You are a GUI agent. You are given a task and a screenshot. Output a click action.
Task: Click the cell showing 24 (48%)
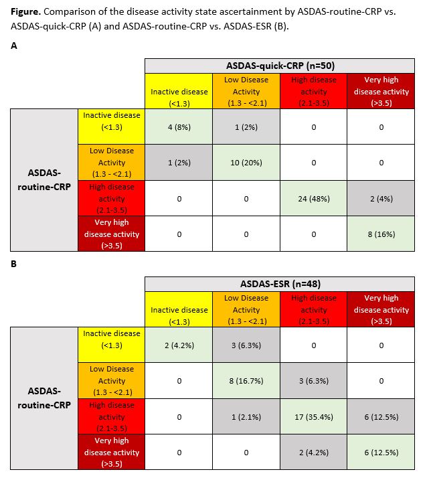(313, 199)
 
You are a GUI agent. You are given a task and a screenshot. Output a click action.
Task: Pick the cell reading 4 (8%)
(179, 127)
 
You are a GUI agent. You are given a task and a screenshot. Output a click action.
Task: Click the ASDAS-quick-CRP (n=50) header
(280, 65)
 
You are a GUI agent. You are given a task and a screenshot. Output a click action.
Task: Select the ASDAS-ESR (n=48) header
(280, 283)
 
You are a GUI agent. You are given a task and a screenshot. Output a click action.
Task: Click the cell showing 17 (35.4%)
(313, 417)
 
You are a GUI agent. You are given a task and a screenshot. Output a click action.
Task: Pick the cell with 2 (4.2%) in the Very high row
(313, 453)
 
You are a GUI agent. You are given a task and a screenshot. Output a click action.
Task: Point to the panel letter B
(14, 264)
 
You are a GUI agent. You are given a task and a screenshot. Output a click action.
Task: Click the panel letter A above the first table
(14, 46)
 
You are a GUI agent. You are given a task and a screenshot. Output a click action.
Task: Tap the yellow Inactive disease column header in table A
(179, 91)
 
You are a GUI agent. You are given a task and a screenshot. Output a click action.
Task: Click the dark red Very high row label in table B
(112, 453)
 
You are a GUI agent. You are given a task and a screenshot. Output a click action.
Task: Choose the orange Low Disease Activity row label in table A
(112, 163)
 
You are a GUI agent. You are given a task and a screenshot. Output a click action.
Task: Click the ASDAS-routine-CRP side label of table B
(44, 398)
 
